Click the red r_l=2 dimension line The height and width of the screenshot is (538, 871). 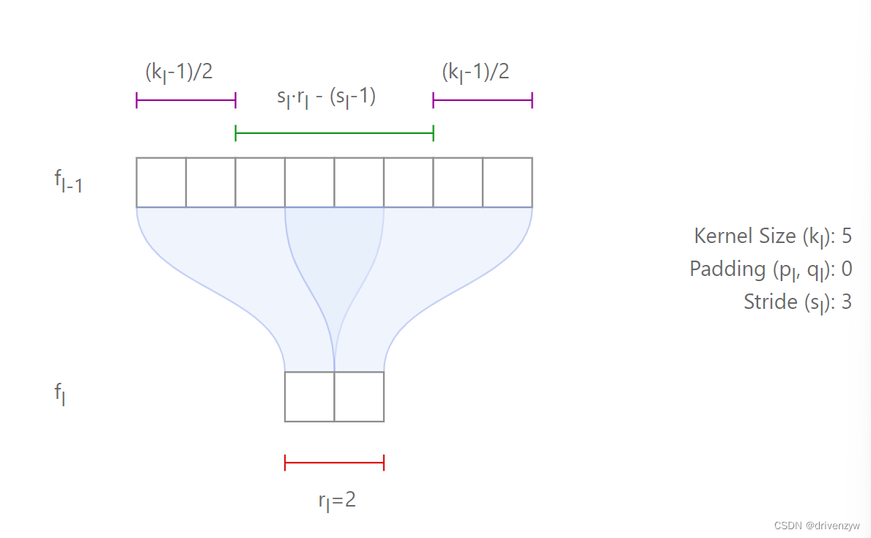click(334, 462)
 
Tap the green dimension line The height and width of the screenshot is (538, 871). click(334, 133)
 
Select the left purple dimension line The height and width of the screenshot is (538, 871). click(185, 100)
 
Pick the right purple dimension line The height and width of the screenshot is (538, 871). click(482, 100)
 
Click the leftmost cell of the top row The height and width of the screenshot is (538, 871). click(161, 182)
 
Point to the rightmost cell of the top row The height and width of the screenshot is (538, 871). click(507, 182)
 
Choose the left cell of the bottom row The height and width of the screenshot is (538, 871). click(309, 397)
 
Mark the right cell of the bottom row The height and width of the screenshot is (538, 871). click(359, 397)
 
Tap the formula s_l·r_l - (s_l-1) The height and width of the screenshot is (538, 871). click(326, 98)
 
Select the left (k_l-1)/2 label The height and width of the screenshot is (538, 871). click(179, 72)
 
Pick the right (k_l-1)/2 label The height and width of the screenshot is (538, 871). click(475, 72)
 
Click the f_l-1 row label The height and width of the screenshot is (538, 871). click(68, 182)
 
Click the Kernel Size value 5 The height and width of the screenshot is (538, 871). click(846, 236)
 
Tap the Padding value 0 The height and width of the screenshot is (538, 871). click(846, 269)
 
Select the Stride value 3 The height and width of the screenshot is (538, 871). click(846, 302)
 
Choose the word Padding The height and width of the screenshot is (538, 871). click(727, 269)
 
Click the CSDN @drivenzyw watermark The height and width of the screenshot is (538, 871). click(810, 526)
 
